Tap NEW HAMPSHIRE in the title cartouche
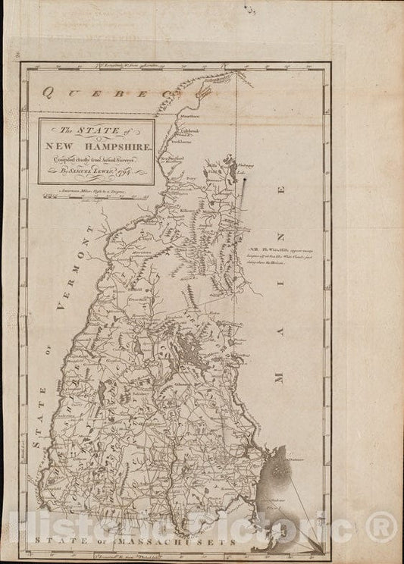(96, 143)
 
